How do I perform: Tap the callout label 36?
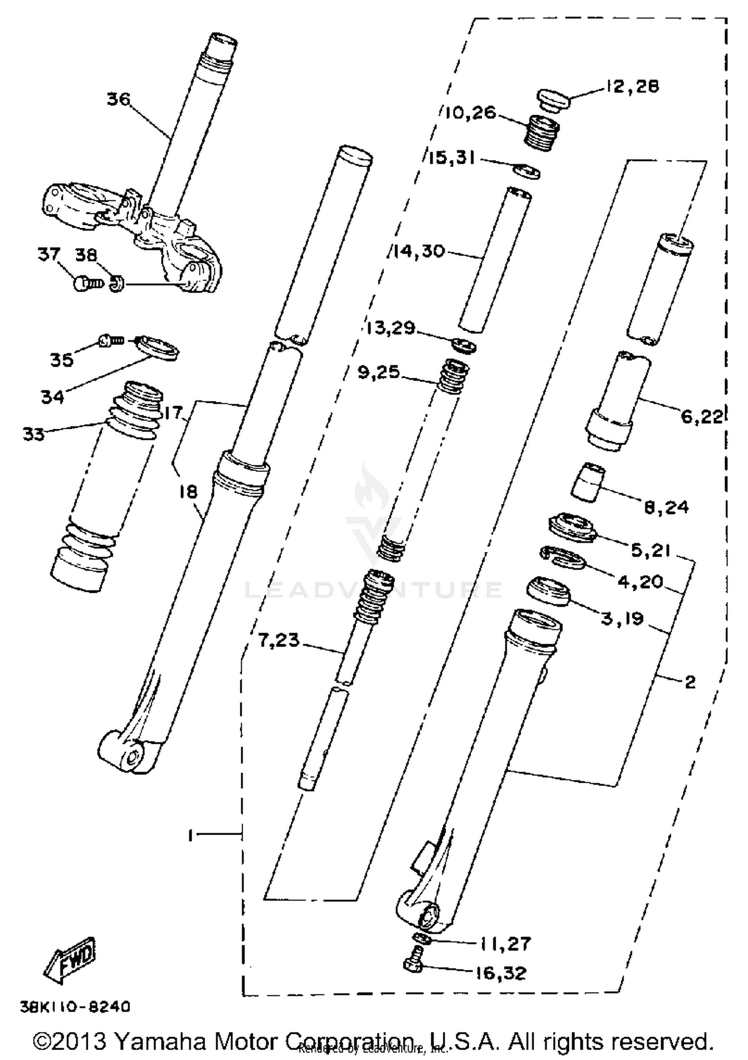(119, 99)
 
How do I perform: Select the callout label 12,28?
(633, 86)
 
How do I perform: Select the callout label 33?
(33, 434)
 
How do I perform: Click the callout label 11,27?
(505, 943)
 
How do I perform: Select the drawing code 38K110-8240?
(75, 1006)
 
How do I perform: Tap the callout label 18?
(189, 491)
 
